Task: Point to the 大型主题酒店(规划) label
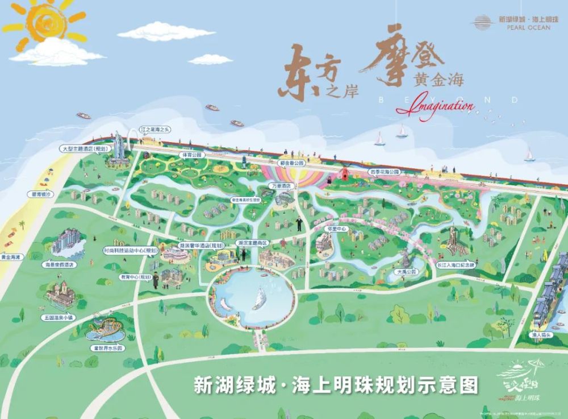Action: [84, 148]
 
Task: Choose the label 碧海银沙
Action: [40, 194]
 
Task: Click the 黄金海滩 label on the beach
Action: [10, 257]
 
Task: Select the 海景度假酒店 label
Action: [60, 264]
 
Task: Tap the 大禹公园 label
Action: [406, 272]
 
